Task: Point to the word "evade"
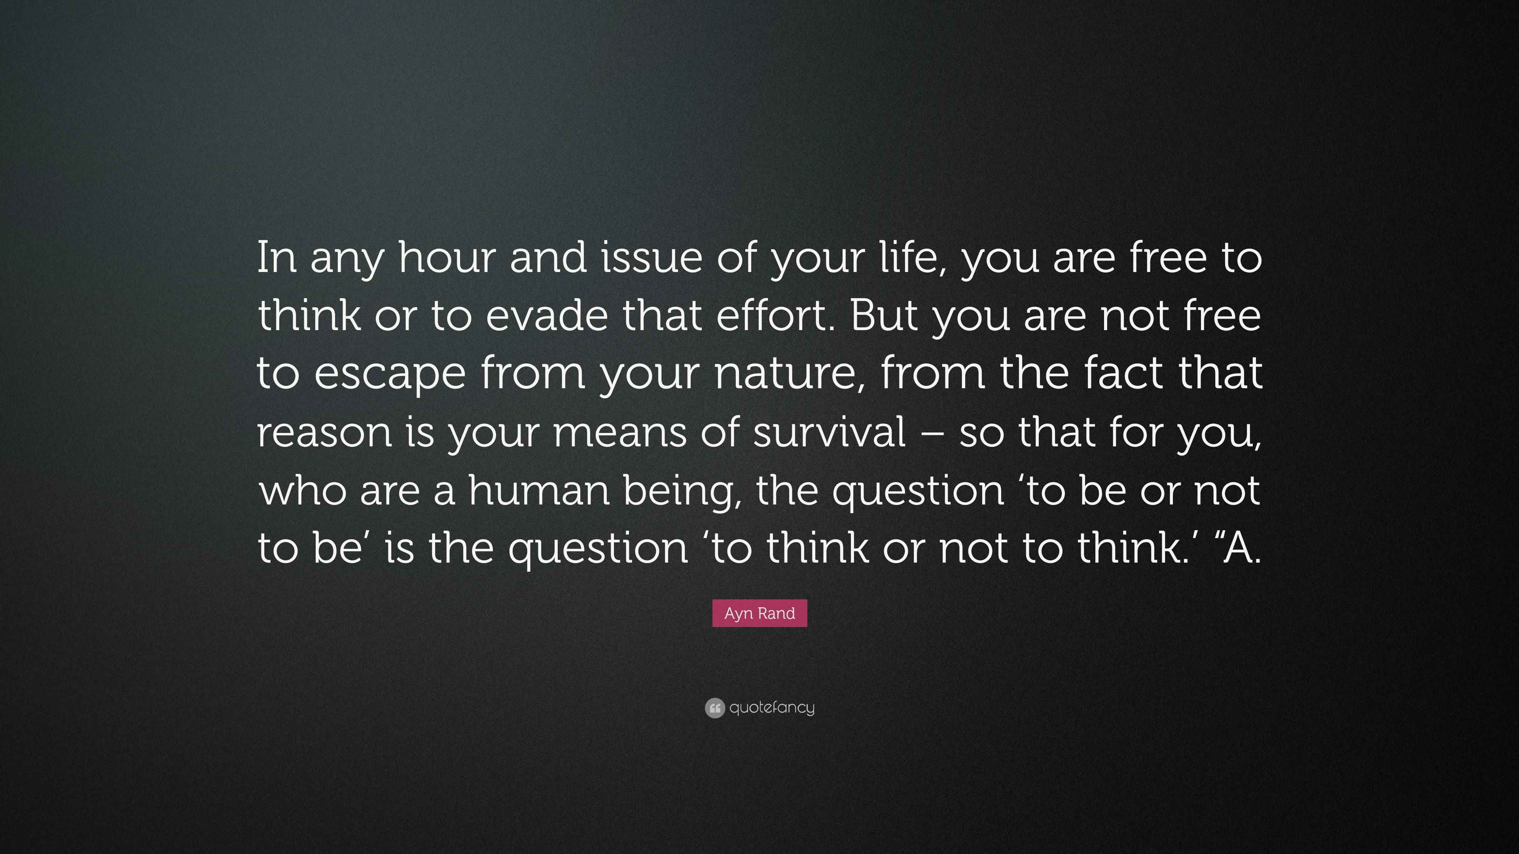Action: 546,316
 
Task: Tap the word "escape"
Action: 389,374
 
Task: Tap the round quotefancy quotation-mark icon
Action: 714,708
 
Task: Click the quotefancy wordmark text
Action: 772,708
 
